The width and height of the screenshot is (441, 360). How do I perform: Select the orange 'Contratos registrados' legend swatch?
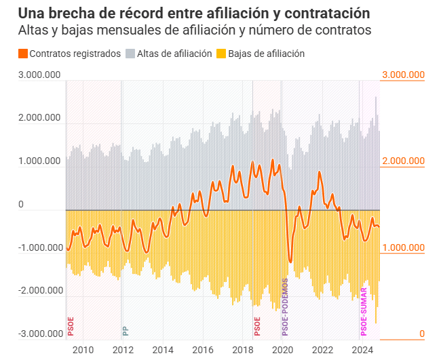(x=23, y=54)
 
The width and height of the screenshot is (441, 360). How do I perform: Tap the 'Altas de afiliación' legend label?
(x=174, y=54)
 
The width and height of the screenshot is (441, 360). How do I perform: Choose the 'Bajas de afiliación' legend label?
(x=266, y=54)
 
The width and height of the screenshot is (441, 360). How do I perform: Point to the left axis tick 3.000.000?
(x=40, y=75)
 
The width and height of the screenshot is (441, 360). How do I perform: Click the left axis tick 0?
(x=20, y=204)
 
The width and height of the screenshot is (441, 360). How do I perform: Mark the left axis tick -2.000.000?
(x=40, y=291)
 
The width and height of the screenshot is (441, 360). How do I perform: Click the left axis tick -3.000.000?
(x=40, y=334)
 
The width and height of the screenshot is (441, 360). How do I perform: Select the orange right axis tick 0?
(x=421, y=334)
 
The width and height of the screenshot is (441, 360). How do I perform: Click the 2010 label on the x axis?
(x=83, y=350)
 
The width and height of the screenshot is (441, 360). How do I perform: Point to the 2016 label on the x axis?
(x=202, y=350)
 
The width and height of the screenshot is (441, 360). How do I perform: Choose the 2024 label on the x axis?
(x=362, y=350)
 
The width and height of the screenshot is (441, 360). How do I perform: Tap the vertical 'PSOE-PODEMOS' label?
(x=285, y=307)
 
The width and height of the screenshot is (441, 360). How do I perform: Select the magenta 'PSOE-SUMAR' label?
(x=364, y=313)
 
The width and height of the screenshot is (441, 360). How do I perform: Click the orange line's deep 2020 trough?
(x=290, y=262)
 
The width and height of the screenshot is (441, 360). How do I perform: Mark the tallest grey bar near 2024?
(x=376, y=99)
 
